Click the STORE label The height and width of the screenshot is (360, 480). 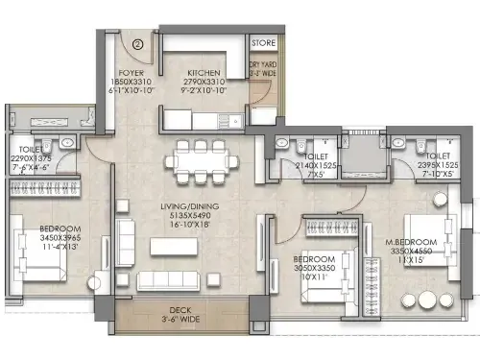point(262,43)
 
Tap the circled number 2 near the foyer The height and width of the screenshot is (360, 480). point(137,42)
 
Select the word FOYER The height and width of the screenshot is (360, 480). point(130,73)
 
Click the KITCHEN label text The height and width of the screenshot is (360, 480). point(205,73)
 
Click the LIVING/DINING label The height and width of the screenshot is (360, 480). point(187,206)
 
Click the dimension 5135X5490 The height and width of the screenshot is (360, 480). point(187,217)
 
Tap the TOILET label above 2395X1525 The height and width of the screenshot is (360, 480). point(436,156)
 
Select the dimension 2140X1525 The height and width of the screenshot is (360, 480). point(317,166)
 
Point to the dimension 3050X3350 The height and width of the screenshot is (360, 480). point(314,269)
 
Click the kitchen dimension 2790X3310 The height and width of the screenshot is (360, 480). point(205,83)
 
